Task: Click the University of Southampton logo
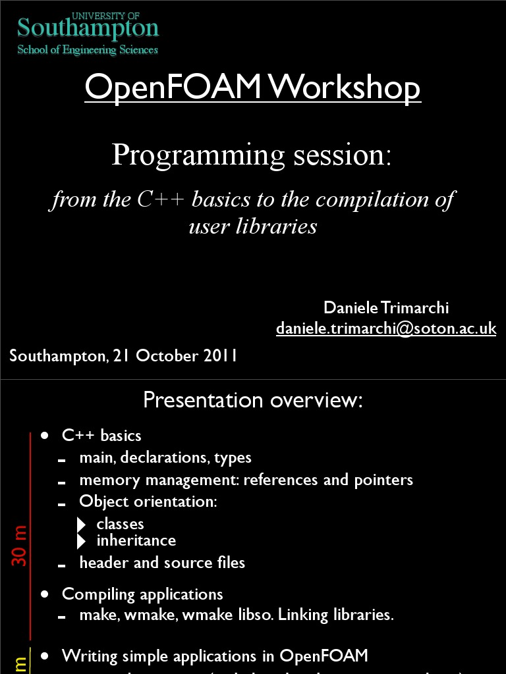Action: point(88,28)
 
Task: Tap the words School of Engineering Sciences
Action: point(88,49)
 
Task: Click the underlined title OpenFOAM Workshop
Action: point(252,88)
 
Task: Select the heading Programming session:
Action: point(252,155)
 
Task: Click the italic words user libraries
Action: point(252,226)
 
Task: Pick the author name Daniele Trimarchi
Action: point(386,307)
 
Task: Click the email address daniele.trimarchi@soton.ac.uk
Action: point(386,328)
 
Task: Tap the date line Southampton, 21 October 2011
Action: point(123,356)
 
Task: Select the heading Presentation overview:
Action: point(253,400)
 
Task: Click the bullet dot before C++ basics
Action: point(45,436)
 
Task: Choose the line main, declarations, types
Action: point(165,457)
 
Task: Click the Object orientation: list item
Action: point(148,502)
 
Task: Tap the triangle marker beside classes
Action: point(82,525)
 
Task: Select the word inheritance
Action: point(136,540)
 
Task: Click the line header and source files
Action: point(162,563)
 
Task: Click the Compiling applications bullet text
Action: point(142,594)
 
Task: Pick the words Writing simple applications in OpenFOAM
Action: point(215,656)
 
